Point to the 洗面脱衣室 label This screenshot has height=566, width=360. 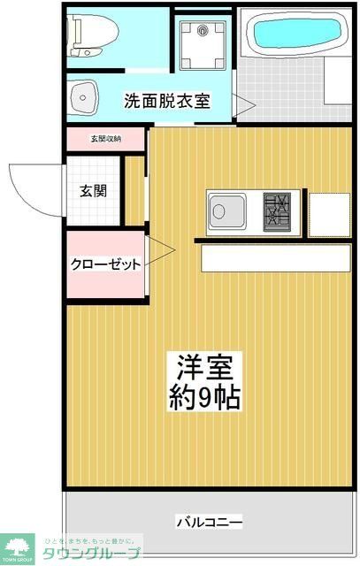click(x=166, y=101)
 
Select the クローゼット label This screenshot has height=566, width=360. click(x=106, y=264)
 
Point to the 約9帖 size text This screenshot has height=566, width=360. click(x=205, y=397)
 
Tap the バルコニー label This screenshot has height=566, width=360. click(x=209, y=523)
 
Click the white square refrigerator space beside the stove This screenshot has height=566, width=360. click(x=328, y=213)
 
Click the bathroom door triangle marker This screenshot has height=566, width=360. click(x=244, y=105)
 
